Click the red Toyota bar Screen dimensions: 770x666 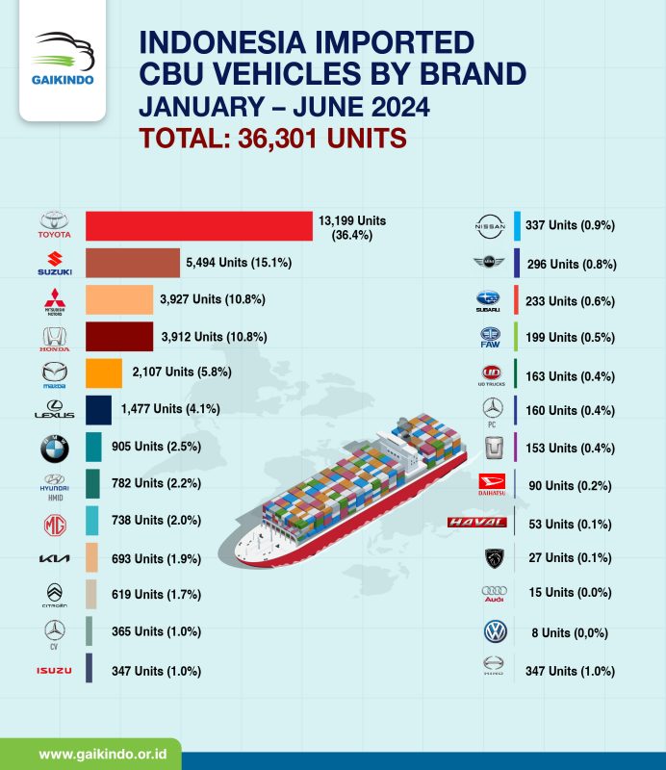[198, 226]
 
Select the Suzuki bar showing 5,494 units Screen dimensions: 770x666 [133, 263]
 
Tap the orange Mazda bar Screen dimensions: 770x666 [104, 372]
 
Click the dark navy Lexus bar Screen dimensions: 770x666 [98, 409]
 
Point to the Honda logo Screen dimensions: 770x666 [55, 337]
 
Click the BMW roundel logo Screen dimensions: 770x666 [55, 447]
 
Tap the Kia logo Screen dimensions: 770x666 [55, 559]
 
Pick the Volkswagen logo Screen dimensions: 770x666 [495, 632]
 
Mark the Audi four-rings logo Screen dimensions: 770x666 [493, 594]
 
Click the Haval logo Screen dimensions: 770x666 [478, 523]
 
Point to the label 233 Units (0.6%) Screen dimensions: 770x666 [568, 299]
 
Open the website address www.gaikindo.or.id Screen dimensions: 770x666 [96, 752]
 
